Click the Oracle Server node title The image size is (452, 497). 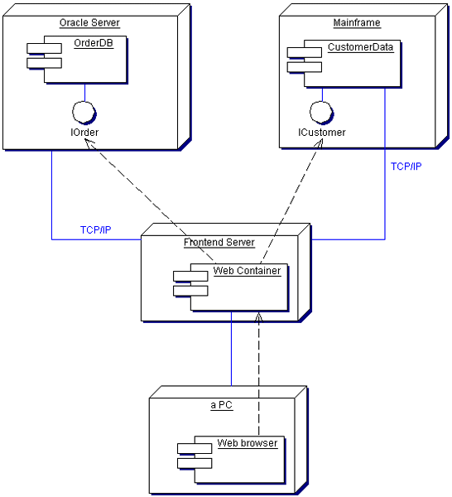[x=89, y=23]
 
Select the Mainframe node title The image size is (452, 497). [x=357, y=23]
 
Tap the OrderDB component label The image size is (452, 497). [x=94, y=43]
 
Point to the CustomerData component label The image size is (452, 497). [x=360, y=47]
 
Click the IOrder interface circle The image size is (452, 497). [x=84, y=112]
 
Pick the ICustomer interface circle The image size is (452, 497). [x=321, y=112]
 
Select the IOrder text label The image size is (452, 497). [x=84, y=133]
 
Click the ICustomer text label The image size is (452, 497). [x=322, y=133]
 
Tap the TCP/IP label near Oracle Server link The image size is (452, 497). [x=96, y=229]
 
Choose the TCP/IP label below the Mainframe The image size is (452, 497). [x=406, y=166]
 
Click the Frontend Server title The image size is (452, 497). [x=219, y=243]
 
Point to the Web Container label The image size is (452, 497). [x=247, y=271]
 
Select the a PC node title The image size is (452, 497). [x=222, y=405]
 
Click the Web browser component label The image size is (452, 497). [x=248, y=443]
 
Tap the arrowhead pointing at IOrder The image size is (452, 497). [x=90, y=144]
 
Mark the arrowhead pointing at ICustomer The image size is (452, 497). [x=319, y=143]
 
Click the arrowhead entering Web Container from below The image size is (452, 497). [x=259, y=317]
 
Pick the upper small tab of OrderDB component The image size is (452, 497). [x=44, y=49]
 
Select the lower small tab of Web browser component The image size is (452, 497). [x=195, y=463]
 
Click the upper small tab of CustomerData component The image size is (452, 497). [x=305, y=53]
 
